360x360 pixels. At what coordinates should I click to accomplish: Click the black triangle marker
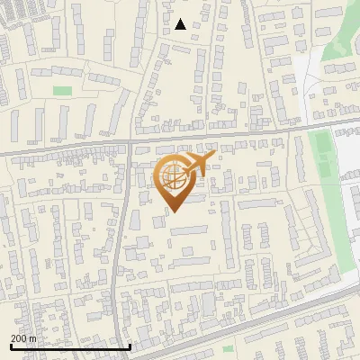[181, 24]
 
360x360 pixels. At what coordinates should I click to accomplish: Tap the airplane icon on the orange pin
[200, 164]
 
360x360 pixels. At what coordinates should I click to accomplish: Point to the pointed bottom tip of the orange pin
[173, 211]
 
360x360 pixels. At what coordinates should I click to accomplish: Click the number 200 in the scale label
[20, 338]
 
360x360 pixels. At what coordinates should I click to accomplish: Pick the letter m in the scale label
[33, 338]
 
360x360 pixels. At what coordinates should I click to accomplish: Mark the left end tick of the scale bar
[11, 346]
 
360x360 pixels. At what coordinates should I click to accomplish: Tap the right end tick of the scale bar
[130, 346]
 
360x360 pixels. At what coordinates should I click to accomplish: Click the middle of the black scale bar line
[70, 346]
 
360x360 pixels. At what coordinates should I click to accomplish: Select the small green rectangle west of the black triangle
[61, 91]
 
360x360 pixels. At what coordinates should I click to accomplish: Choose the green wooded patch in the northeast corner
[340, 67]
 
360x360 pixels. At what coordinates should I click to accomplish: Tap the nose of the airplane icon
[214, 157]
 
